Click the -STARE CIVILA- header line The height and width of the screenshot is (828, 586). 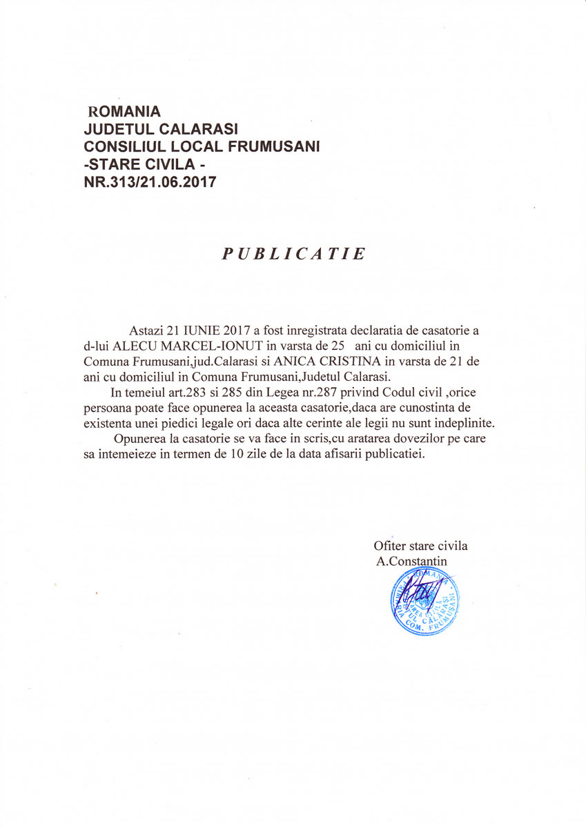144,165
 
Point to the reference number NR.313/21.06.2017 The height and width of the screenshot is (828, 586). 150,183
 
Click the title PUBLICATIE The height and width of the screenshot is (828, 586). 293,254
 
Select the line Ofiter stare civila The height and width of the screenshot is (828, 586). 420,546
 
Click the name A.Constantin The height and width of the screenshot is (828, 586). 412,561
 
